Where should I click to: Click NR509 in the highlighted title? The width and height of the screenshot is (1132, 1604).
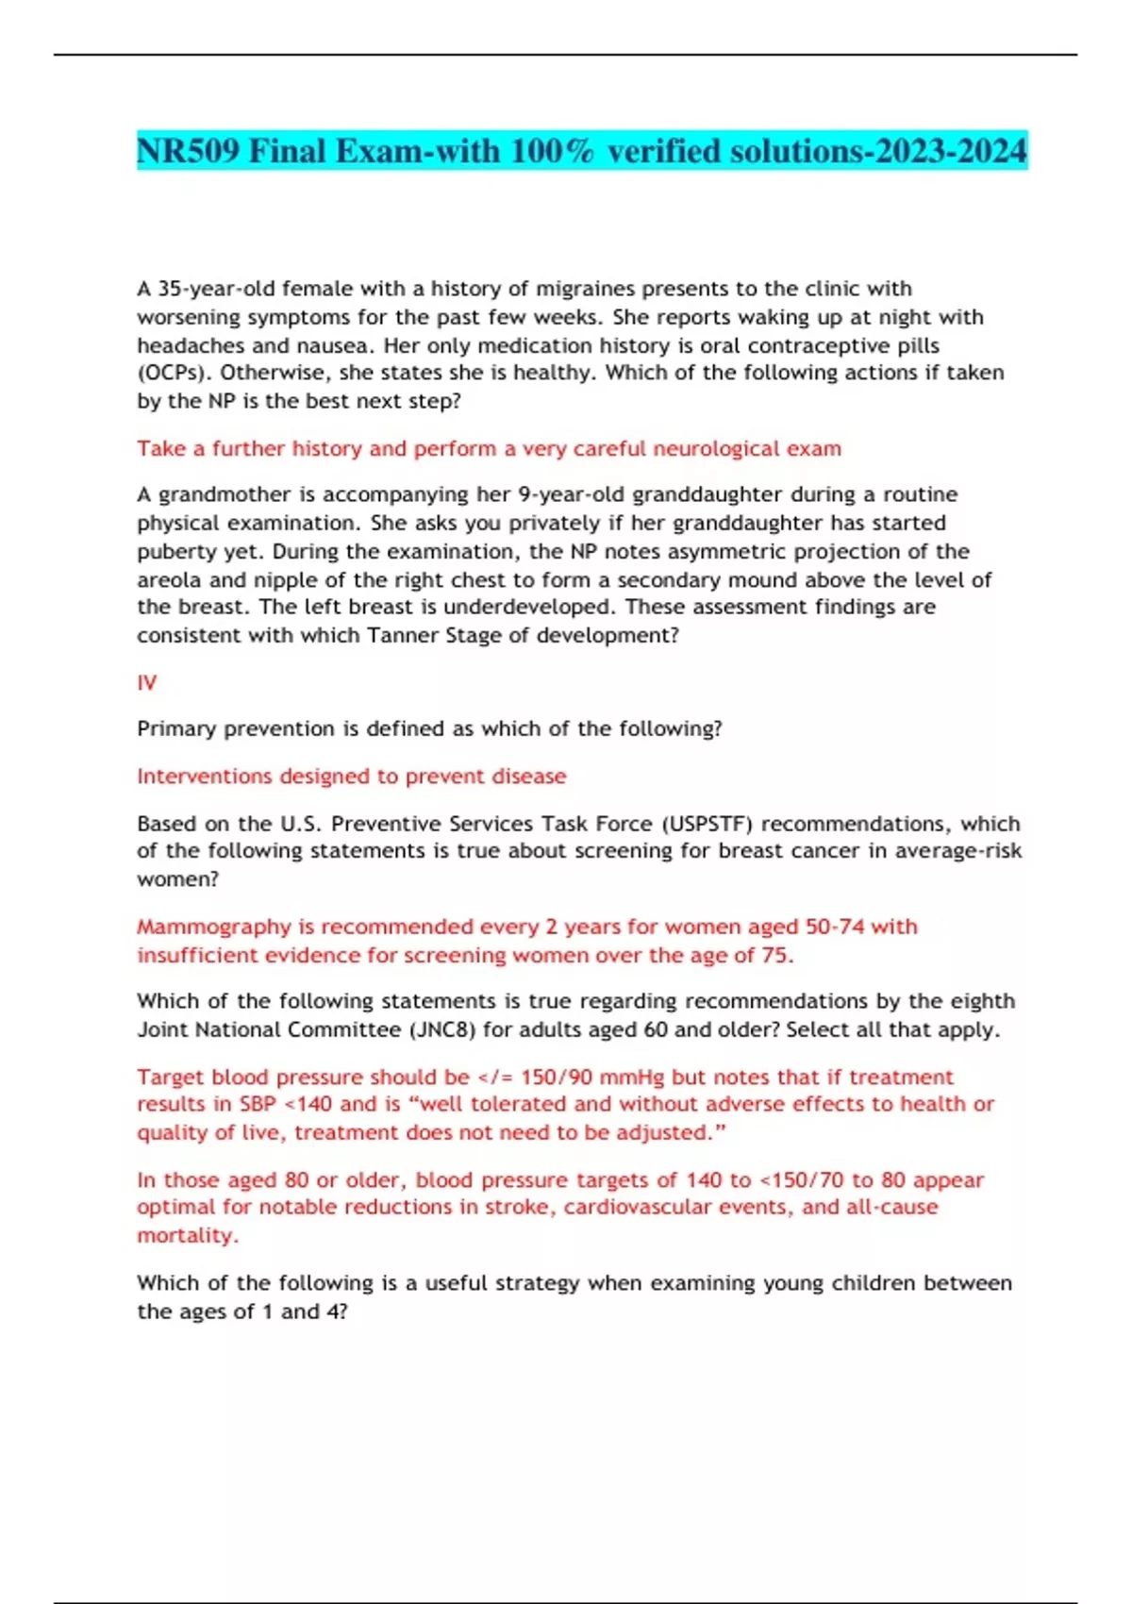click(189, 151)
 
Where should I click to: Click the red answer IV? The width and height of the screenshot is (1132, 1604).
click(147, 682)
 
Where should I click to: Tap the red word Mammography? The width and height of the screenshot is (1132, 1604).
click(214, 927)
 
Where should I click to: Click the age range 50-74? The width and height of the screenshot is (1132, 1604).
click(834, 927)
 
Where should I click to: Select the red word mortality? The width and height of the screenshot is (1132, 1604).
click(186, 1236)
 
